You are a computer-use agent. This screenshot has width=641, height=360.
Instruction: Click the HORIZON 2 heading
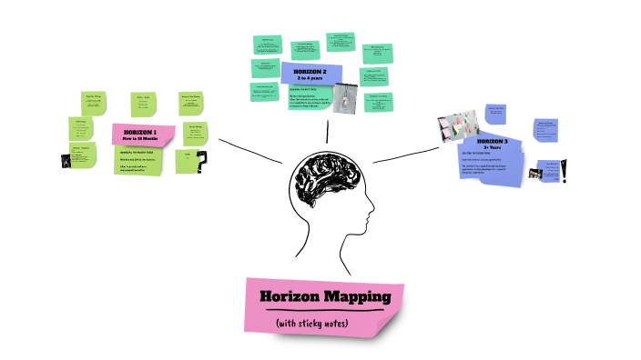click(310, 71)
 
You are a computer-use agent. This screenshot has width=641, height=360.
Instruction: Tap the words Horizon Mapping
click(325, 296)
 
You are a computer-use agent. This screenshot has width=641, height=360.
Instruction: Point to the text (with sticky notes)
click(325, 322)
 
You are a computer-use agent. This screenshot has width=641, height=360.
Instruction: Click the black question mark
click(202, 161)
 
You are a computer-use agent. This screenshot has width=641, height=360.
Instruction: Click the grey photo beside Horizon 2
click(345, 97)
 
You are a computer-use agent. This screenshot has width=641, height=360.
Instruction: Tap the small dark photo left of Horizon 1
click(66, 160)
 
